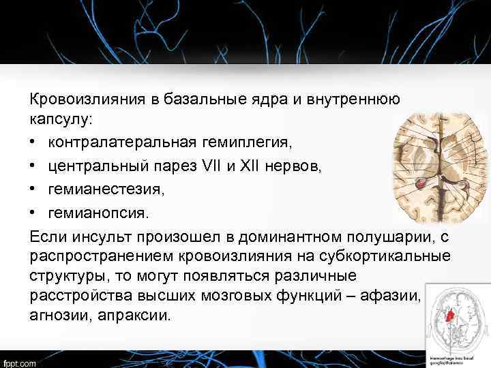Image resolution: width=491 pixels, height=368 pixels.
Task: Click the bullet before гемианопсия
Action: (x=34, y=213)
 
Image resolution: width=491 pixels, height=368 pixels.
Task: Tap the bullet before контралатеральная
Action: (x=34, y=143)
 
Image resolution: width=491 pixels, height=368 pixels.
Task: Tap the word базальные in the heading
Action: (x=197, y=99)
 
